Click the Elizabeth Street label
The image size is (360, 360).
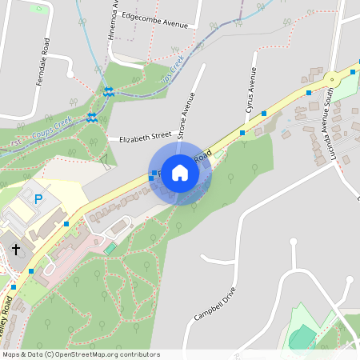pyautogui.click(x=145, y=138)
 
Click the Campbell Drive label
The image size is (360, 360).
pyautogui.click(x=215, y=304)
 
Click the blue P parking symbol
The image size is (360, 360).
pyautogui.click(x=38, y=198)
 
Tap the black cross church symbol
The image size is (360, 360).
pyautogui.click(x=16, y=250)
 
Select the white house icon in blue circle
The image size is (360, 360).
pyautogui.click(x=180, y=173)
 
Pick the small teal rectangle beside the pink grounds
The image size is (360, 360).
pyautogui.click(x=110, y=250)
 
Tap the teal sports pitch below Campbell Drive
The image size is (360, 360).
pyautogui.click(x=303, y=337)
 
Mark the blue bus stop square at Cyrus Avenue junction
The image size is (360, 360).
pyautogui.click(x=242, y=133)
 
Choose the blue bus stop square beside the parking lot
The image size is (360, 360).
pyautogui.click(x=66, y=224)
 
